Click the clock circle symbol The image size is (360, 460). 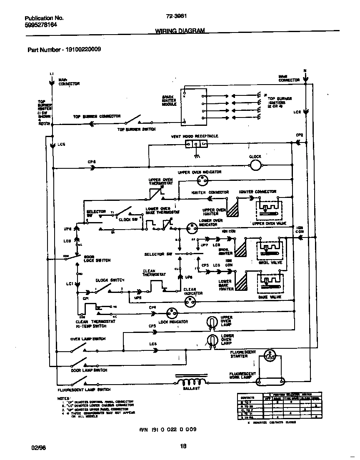(x=255, y=166)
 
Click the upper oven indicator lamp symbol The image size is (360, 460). (x=203, y=180)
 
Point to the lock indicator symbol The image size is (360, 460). (x=172, y=313)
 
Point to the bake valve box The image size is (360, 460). (x=269, y=283)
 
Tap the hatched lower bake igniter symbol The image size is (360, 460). (x=240, y=281)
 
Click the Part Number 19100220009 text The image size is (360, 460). (x=64, y=50)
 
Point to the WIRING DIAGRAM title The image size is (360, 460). (x=180, y=31)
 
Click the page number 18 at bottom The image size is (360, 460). (x=182, y=446)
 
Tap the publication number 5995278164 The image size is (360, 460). (x=41, y=25)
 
